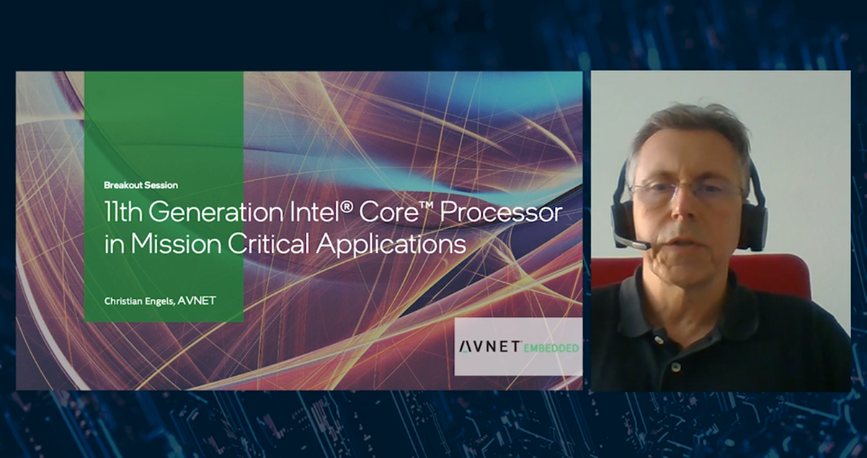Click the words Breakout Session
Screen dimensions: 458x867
pos(141,185)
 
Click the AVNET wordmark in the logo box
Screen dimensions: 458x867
pos(490,347)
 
